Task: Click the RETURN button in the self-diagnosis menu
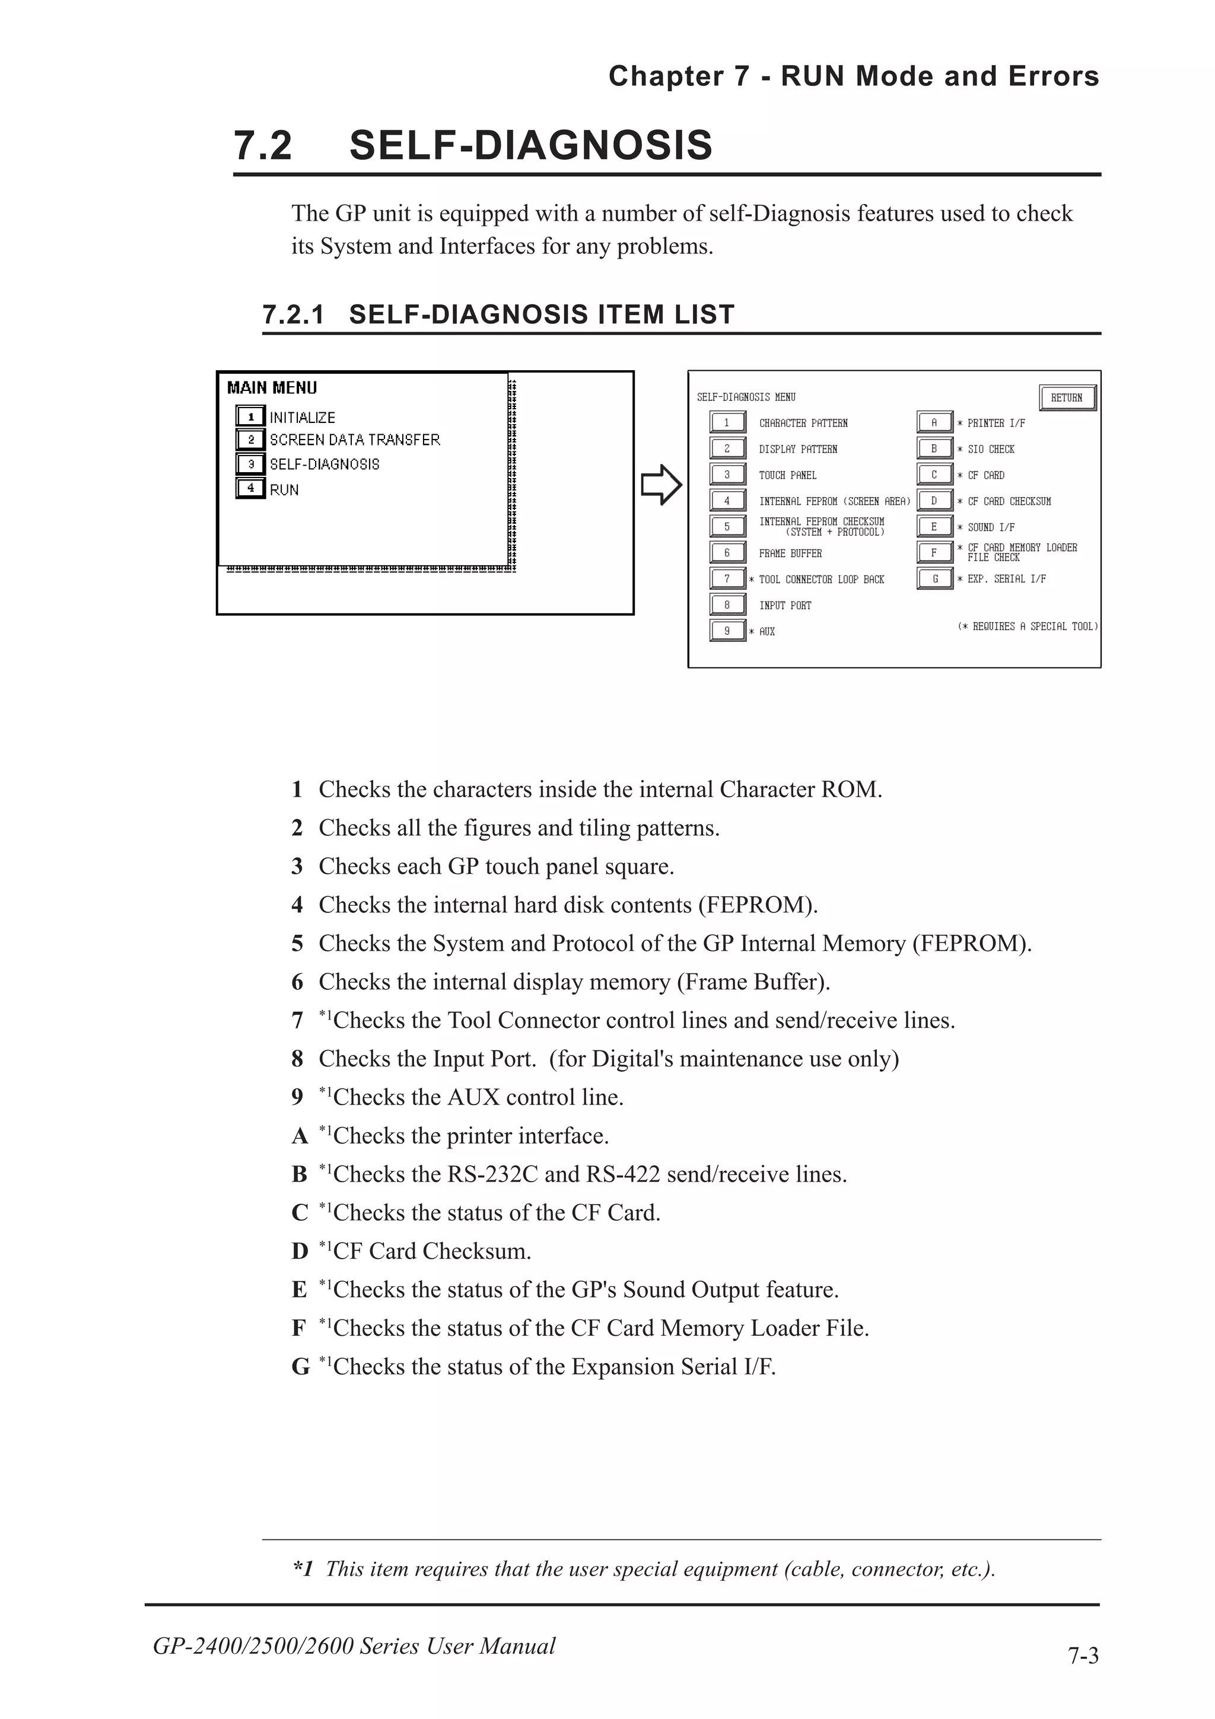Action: [1067, 397]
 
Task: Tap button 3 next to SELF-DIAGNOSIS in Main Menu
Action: [251, 464]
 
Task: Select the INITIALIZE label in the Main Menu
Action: [303, 418]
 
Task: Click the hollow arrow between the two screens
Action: [661, 485]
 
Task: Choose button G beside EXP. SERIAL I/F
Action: [934, 579]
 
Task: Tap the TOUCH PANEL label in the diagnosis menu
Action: [787, 475]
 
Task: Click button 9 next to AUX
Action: [727, 631]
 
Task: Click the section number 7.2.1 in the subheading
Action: [294, 314]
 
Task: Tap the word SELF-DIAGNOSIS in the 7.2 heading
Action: [530, 145]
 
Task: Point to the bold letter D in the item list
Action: [300, 1251]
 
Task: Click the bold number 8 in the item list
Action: [297, 1059]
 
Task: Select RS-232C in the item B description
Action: [492, 1174]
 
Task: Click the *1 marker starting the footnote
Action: [303, 1568]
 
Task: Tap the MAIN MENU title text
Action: [272, 388]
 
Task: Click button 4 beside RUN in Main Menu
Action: [251, 488]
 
